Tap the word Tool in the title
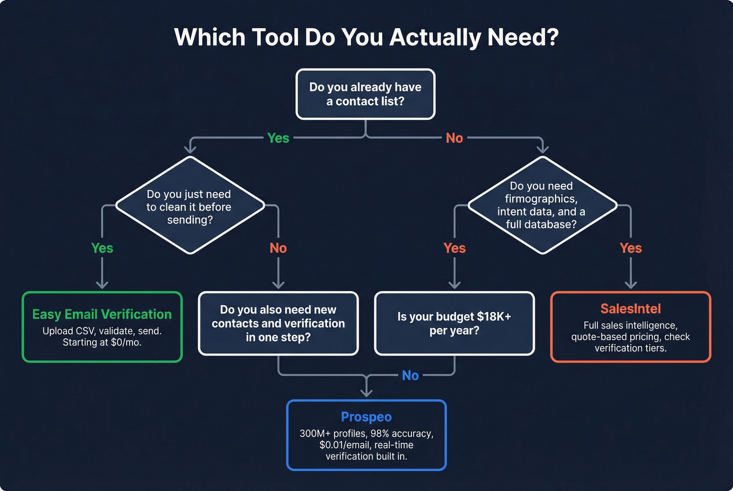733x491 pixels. [275, 38]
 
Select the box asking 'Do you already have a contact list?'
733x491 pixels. [365, 94]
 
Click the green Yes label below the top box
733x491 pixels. [278, 138]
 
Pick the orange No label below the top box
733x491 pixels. [454, 138]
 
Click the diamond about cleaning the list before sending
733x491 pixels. [190, 206]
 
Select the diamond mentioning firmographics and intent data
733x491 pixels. [542, 205]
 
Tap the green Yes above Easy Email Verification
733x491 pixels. [102, 248]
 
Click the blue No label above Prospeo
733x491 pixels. [410, 375]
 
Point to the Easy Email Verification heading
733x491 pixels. [102, 314]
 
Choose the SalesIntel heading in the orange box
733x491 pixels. [630, 309]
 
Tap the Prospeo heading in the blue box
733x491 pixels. [366, 417]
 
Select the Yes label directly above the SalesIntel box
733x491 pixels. [630, 248]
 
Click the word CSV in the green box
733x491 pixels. [85, 331]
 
